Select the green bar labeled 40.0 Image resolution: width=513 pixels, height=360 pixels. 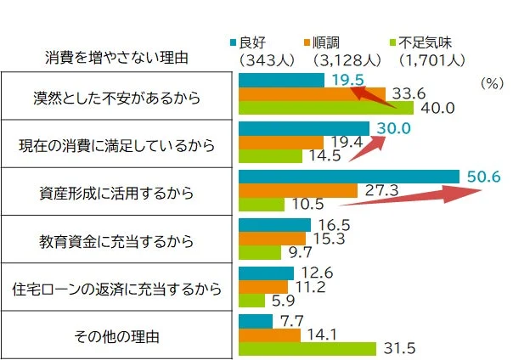pos(326,108)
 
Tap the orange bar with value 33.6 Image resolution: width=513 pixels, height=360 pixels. pos(312,93)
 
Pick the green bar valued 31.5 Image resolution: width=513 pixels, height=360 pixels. pos(307,349)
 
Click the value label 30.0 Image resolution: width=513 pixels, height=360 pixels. pos(393,128)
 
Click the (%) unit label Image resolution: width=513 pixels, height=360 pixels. pos(492,84)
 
